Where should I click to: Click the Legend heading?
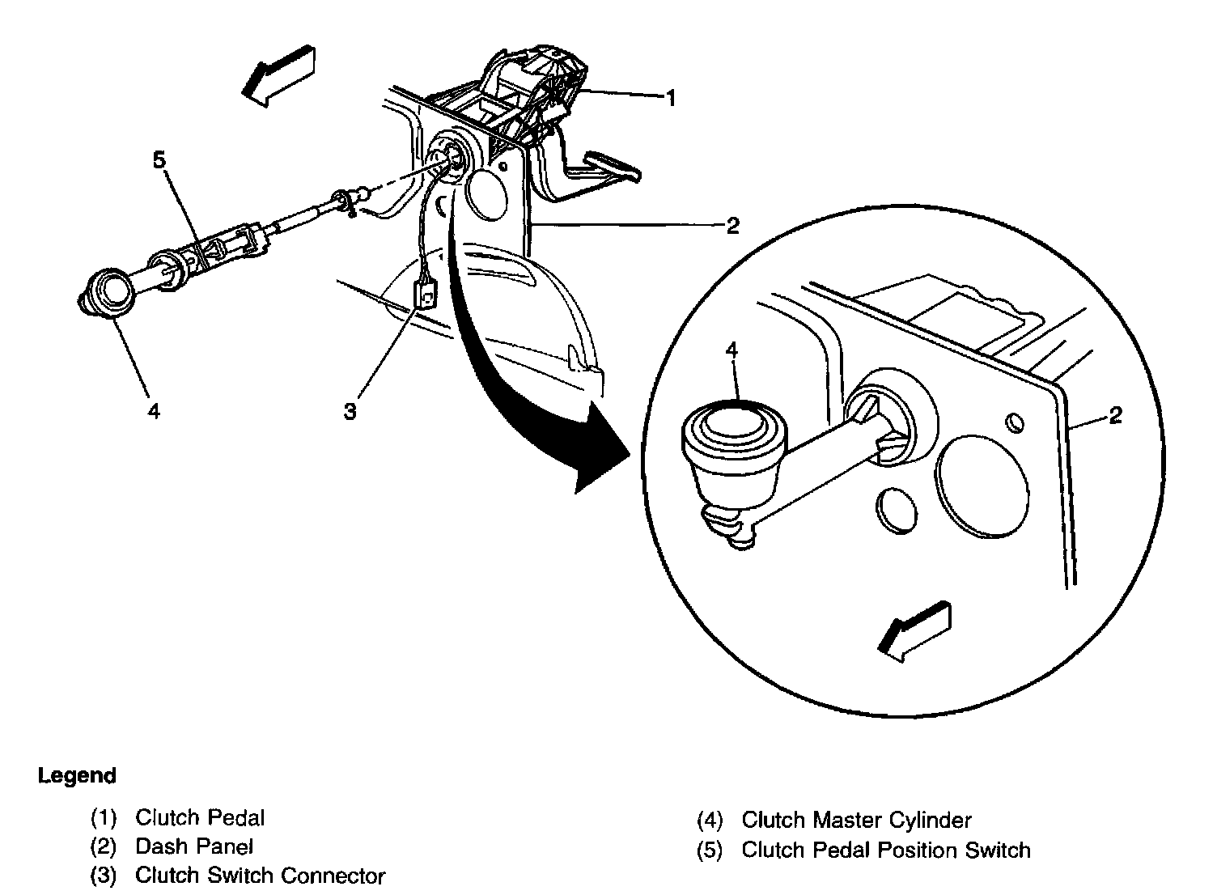pyautogui.click(x=77, y=776)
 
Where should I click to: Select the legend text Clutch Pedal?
pyautogui.click(x=199, y=818)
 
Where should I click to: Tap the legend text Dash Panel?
pyautogui.click(x=193, y=847)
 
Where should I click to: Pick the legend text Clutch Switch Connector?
pyautogui.click(x=260, y=876)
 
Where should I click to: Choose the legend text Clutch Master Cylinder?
pyautogui.click(x=855, y=821)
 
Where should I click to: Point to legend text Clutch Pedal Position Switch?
pyautogui.click(x=885, y=850)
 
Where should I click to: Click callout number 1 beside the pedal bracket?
pyautogui.click(x=670, y=98)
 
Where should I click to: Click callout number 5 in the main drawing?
pyautogui.click(x=159, y=160)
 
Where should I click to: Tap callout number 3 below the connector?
pyautogui.click(x=350, y=412)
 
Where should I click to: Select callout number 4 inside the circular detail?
pyautogui.click(x=731, y=350)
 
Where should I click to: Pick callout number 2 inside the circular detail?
pyautogui.click(x=1115, y=416)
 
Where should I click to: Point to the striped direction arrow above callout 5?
pyautogui.click(x=278, y=76)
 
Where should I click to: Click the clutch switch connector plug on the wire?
pyautogui.click(x=424, y=293)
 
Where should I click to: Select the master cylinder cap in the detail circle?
pyautogui.click(x=734, y=424)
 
